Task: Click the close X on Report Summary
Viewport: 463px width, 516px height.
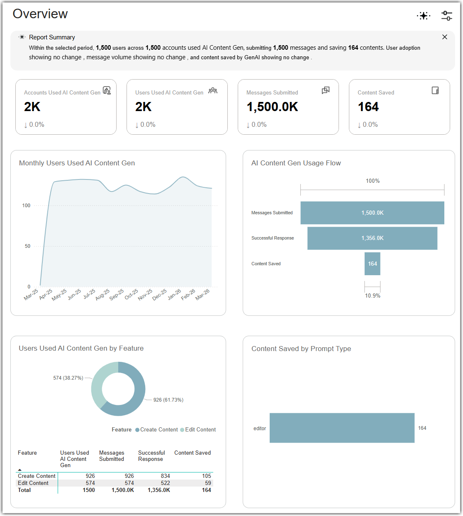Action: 445,37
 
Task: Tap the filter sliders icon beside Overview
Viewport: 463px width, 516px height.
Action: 447,15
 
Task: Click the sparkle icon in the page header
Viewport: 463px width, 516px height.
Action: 424,16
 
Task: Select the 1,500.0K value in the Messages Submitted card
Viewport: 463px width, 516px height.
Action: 272,107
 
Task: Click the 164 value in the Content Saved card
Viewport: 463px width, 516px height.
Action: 368,107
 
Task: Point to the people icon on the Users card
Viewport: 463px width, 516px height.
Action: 213,91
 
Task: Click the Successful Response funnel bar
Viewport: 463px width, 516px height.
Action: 372,238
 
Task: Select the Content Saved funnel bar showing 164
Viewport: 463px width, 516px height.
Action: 372,264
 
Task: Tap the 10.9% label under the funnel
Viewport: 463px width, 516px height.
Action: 373,296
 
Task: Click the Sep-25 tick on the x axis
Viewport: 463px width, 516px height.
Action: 117,294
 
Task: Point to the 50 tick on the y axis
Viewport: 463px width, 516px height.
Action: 27,246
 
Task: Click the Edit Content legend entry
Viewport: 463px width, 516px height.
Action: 198,430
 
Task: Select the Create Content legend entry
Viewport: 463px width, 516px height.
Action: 156,430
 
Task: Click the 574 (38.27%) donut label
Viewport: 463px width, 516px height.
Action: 68,378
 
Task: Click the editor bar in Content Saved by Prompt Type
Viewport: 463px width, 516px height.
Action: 342,428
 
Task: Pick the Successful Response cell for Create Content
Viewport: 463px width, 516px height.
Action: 165,476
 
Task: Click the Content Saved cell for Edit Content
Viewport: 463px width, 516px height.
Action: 208,483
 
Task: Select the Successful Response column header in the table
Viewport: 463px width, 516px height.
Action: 151,456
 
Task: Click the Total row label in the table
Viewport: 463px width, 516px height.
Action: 24,490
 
